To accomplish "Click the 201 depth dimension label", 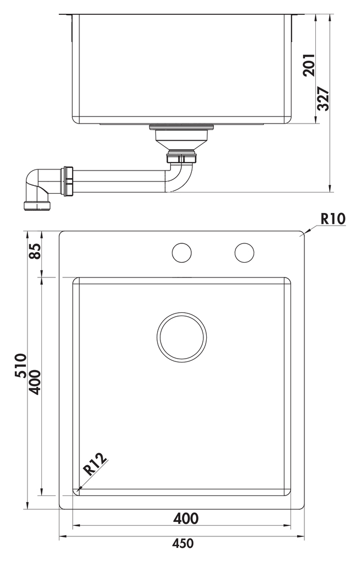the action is tap(309, 65).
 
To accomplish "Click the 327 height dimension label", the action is tap(323, 99).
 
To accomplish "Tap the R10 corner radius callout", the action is tap(333, 218).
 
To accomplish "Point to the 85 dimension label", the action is tap(35, 251).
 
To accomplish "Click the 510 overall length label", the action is tap(20, 366).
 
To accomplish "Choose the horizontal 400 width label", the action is tap(186, 519).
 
